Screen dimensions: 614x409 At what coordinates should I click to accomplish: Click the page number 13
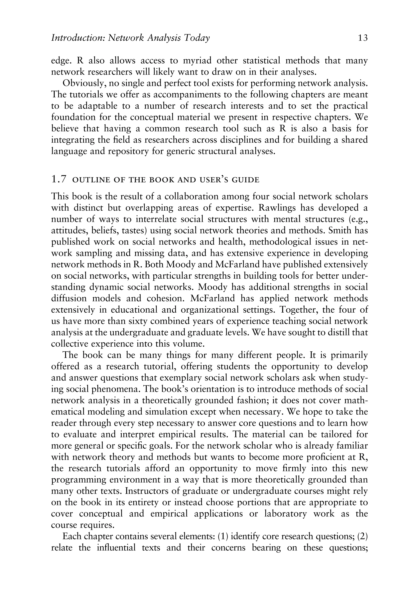363,38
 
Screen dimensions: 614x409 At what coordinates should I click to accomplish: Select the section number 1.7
59,180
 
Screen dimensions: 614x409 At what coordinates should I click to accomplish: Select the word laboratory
285,513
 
